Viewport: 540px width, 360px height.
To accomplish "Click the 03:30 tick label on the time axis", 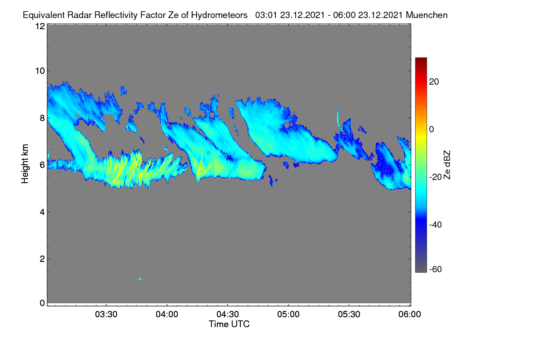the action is tap(106, 314).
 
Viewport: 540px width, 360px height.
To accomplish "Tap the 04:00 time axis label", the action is tap(167, 314).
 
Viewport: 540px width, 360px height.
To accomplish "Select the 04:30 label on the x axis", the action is tap(228, 314).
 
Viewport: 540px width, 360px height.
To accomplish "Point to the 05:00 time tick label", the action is tap(288, 314).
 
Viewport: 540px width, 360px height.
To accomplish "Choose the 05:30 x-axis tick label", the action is tap(349, 314).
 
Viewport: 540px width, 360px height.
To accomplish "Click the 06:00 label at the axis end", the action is tap(409, 314).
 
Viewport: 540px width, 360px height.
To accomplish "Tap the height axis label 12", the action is tap(40, 26).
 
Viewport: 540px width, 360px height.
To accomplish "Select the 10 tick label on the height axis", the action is tap(40, 71).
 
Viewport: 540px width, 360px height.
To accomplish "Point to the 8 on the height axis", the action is tap(42, 118).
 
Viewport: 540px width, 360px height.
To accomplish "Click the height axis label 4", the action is tap(42, 212).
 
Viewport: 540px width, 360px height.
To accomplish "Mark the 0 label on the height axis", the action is tap(42, 303).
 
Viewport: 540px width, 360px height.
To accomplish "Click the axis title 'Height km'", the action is tap(25, 164).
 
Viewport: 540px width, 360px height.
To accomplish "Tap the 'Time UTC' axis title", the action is tap(229, 324).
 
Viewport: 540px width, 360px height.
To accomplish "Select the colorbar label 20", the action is tap(434, 82).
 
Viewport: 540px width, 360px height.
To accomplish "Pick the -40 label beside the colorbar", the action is tap(436, 225).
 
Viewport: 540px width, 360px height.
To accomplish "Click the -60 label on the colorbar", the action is tap(436, 269).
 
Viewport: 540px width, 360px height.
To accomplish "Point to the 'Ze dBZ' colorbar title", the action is tap(447, 165).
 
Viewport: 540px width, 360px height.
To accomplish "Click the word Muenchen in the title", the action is tap(427, 15).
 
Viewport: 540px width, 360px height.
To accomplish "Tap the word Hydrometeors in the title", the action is tap(219, 15).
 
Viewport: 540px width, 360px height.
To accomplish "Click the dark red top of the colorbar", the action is tap(421, 60).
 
